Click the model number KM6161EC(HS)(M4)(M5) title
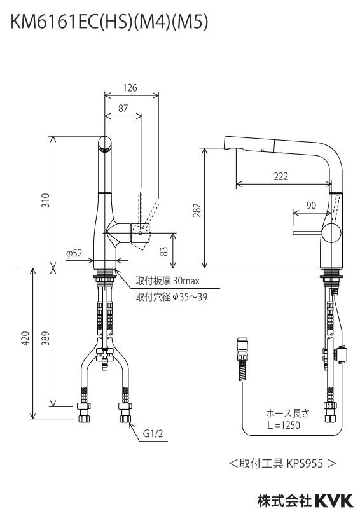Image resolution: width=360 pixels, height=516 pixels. click(109, 23)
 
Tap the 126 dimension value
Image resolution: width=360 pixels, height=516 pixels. click(130, 87)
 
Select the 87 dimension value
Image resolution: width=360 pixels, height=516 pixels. click(123, 109)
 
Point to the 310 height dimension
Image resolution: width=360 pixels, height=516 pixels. click(45, 202)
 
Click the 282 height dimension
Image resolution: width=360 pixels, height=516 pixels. click(197, 209)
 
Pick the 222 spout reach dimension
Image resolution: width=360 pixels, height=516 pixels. click(280, 177)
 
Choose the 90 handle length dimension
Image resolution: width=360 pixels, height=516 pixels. click(310, 205)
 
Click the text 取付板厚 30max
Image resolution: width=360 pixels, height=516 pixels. click(167, 280)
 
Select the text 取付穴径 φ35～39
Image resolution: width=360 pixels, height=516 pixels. click(172, 296)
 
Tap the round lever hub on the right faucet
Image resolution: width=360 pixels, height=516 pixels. click(331, 234)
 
